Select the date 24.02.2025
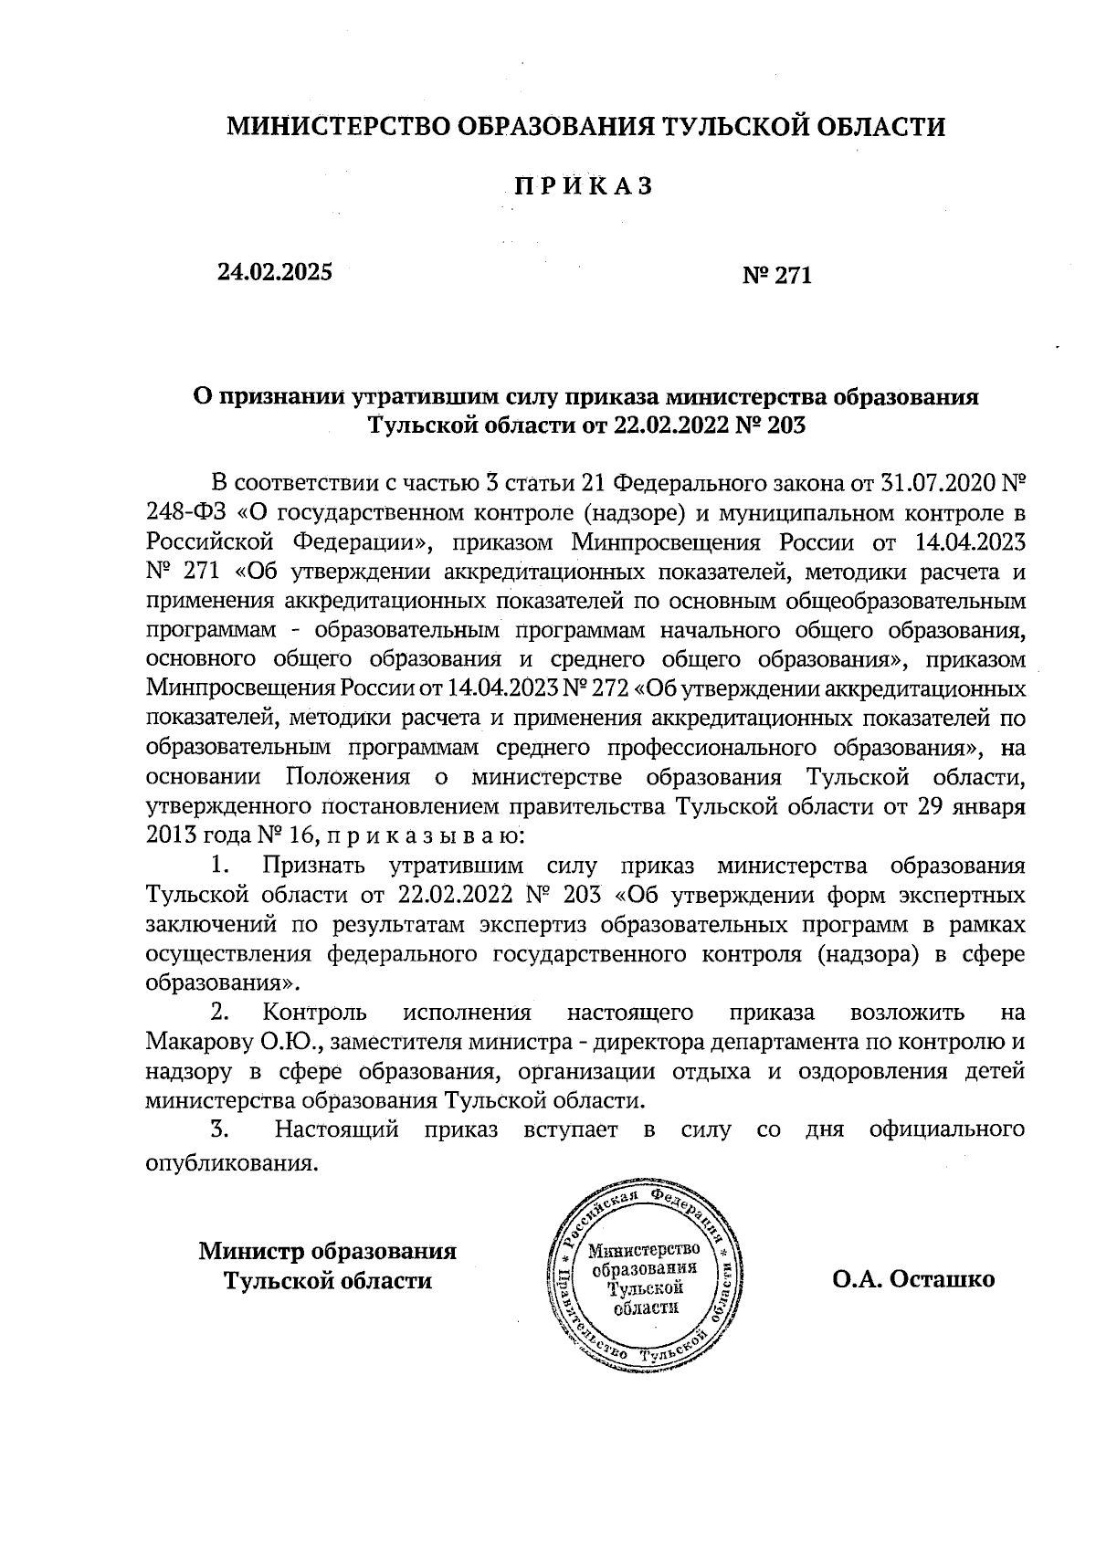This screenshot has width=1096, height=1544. pyautogui.click(x=274, y=271)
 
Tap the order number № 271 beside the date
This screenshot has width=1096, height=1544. pyautogui.click(x=778, y=275)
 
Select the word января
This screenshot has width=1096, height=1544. pyautogui.click(x=990, y=807)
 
